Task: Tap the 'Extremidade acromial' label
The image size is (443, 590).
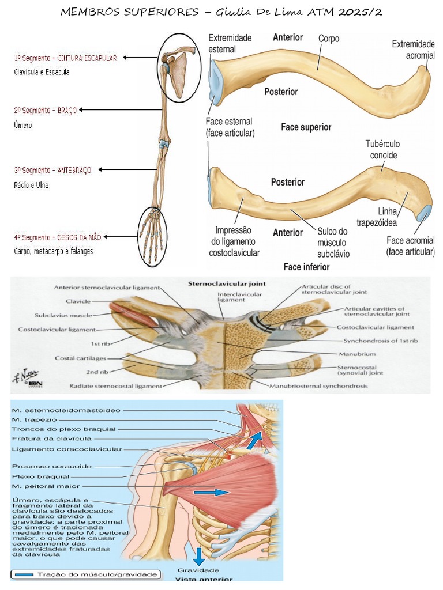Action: click(x=413, y=49)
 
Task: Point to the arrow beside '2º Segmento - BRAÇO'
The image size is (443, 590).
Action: click(x=122, y=109)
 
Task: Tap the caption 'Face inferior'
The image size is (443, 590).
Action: click(x=306, y=267)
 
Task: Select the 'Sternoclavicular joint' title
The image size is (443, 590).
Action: click(x=219, y=283)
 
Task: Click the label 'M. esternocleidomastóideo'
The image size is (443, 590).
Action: click(x=66, y=410)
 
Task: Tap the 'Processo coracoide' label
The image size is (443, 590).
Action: click(x=51, y=466)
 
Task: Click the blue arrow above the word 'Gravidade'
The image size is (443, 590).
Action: click(x=199, y=556)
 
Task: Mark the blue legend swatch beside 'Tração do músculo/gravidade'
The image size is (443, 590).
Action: click(x=24, y=574)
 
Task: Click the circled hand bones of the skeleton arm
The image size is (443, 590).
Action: click(x=152, y=236)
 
